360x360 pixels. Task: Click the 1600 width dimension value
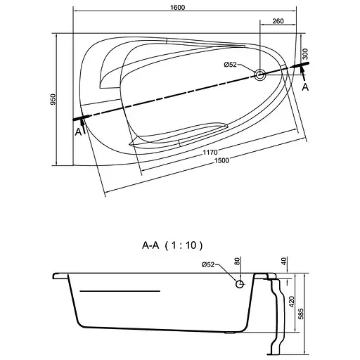pos(177,8)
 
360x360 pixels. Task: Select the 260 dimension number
pos(278,21)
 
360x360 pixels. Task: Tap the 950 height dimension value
pos(53,99)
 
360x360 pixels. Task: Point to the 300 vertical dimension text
pos(305,54)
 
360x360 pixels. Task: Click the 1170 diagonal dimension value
pos(210,153)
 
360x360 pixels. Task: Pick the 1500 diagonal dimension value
pos(221,161)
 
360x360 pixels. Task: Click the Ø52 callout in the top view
pos(231,65)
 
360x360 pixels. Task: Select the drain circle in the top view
pos(260,75)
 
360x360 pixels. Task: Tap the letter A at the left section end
pos(78,132)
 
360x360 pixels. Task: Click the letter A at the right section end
pos(305,87)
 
